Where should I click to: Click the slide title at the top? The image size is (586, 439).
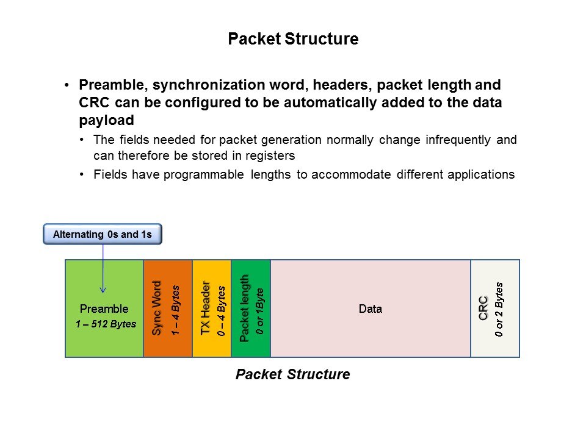(x=293, y=39)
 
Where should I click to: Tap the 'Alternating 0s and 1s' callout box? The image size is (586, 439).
(x=103, y=234)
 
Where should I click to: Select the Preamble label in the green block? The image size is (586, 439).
(x=104, y=309)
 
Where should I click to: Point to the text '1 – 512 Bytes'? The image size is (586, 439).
(x=106, y=324)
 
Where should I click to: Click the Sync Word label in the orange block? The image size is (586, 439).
(x=156, y=308)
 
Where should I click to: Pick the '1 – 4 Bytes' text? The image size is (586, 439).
(x=175, y=310)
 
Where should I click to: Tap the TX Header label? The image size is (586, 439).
(x=205, y=308)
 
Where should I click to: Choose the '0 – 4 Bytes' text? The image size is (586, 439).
(x=221, y=311)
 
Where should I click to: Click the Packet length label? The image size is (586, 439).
(x=244, y=309)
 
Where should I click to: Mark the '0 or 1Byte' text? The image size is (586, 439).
(x=260, y=311)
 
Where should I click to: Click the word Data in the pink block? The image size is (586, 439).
(x=371, y=309)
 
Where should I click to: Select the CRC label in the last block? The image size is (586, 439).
(x=483, y=309)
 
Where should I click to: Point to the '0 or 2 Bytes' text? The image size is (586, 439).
(x=499, y=310)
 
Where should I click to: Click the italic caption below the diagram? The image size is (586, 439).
(x=292, y=374)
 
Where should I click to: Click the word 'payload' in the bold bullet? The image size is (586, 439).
(x=106, y=121)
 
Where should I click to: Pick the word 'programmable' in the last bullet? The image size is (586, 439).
(x=204, y=175)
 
